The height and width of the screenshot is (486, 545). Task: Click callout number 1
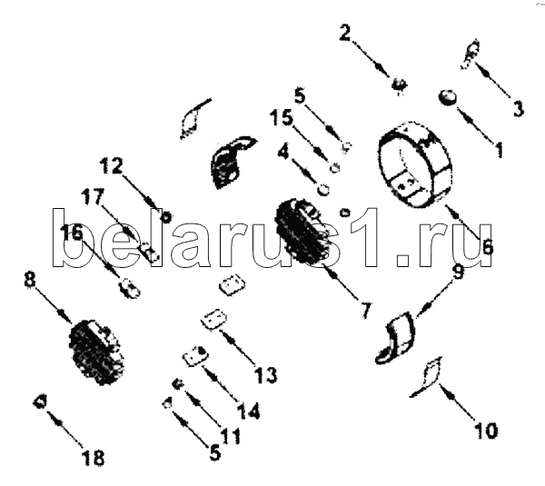click(x=499, y=150)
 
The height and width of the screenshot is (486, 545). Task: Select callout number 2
click(x=345, y=33)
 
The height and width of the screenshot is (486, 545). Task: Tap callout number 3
click(x=518, y=109)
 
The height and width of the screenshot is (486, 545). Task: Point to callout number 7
click(x=366, y=311)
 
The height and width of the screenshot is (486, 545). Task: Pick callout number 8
click(x=30, y=279)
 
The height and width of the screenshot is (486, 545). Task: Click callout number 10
click(x=486, y=431)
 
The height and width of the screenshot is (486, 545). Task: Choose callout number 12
click(x=112, y=166)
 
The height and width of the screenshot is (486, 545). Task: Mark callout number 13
click(x=265, y=375)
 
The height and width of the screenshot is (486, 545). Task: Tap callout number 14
click(x=248, y=411)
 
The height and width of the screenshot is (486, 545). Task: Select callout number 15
click(x=282, y=117)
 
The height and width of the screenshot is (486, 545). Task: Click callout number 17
click(x=93, y=197)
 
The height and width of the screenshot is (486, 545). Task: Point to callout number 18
click(x=94, y=458)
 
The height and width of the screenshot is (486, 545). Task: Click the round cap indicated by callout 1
click(x=448, y=97)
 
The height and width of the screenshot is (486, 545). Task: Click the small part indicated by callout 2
click(x=399, y=84)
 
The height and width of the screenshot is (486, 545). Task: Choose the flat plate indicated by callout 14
click(x=196, y=355)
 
